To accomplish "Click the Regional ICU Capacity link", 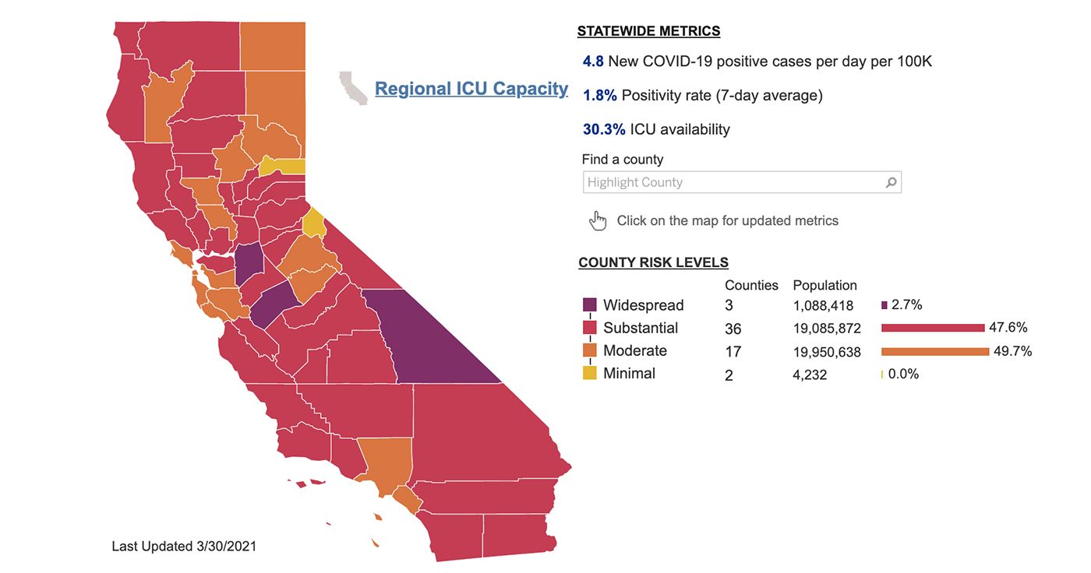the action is click(x=471, y=89).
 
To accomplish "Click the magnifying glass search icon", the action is click(x=891, y=182).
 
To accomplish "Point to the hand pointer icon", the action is click(x=598, y=221).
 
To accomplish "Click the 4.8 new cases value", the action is click(x=593, y=62).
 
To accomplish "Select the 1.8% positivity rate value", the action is click(x=599, y=95).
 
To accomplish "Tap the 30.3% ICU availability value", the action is click(x=604, y=129).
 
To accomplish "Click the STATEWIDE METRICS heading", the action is click(x=648, y=31).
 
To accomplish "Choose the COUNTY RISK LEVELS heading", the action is click(x=653, y=262).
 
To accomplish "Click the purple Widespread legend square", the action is click(x=589, y=305).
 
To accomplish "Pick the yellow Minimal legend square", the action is click(x=589, y=373).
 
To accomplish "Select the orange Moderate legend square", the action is click(x=589, y=350).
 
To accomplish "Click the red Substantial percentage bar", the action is click(x=933, y=328).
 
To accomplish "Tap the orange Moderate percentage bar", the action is click(x=935, y=351).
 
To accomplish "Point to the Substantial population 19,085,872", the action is click(x=827, y=329).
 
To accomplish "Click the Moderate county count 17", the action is click(x=733, y=351).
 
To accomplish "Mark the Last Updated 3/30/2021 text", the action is click(x=184, y=547).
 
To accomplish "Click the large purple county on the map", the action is click(x=429, y=340).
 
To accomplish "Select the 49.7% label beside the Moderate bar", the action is click(x=1012, y=351).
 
